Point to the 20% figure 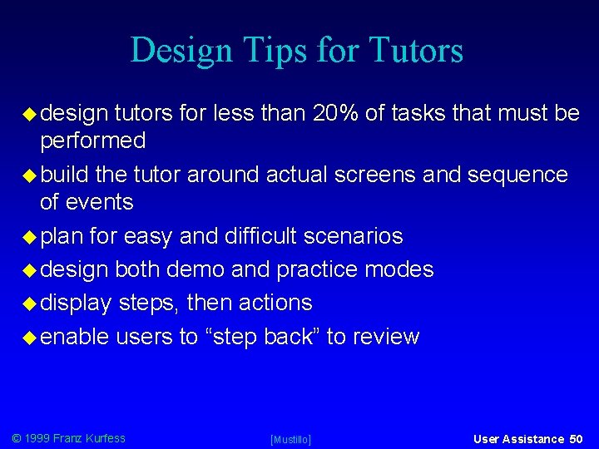337,112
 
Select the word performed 93,141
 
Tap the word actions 275,303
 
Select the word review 386,336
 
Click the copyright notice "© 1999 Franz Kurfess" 68,437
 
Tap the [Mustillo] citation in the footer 291,439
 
